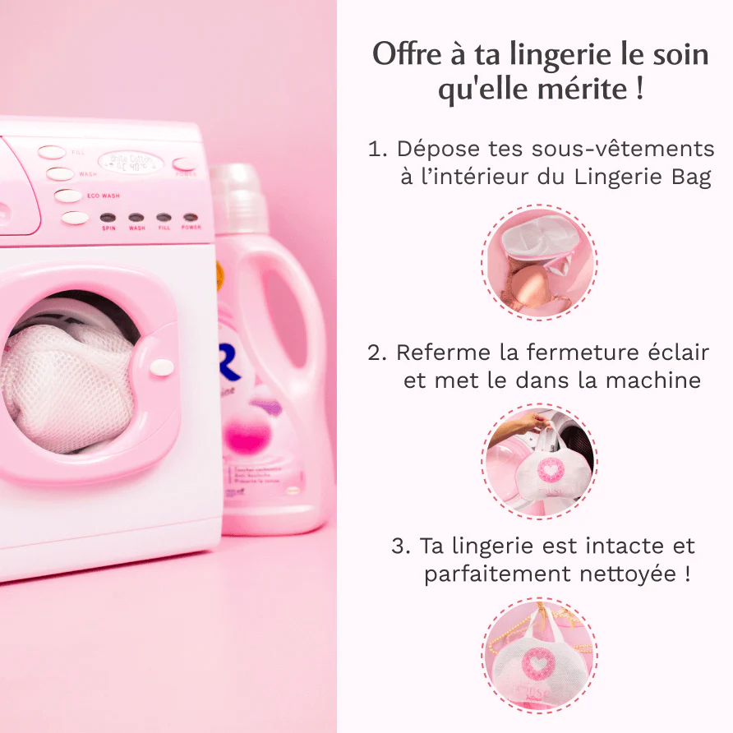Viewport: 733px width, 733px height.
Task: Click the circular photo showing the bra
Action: [539, 262]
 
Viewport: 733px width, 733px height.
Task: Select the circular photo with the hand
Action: [539, 461]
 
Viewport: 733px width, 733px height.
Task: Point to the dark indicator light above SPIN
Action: [108, 218]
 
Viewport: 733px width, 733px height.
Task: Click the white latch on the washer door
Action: [163, 366]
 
